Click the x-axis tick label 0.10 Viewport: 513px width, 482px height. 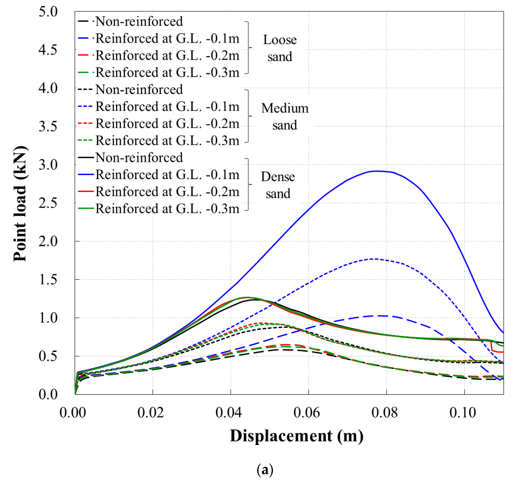click(x=462, y=412)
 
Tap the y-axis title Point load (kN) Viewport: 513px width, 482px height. click(x=20, y=204)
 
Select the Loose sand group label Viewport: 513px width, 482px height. click(x=280, y=48)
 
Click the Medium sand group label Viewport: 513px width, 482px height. click(x=285, y=116)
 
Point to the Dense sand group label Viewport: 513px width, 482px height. click(x=278, y=185)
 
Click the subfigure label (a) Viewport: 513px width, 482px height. click(x=265, y=470)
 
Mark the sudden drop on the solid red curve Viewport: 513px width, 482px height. click(x=491, y=346)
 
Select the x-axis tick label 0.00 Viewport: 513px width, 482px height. click(x=73, y=412)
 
